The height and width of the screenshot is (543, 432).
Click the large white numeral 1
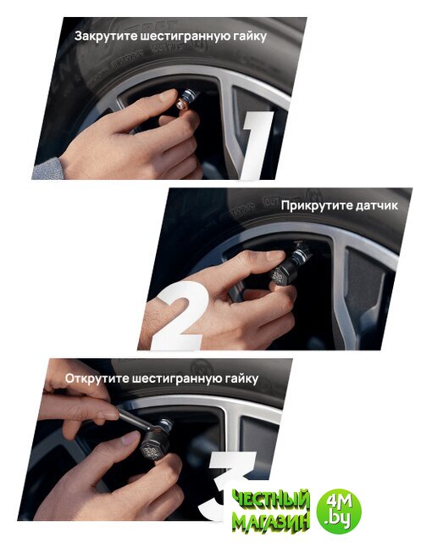pyautogui.click(x=257, y=145)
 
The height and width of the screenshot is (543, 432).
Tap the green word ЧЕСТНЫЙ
pyautogui.click(x=270, y=500)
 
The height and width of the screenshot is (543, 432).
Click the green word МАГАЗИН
pyautogui.click(x=270, y=523)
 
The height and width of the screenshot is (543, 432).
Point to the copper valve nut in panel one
pyautogui.click(x=182, y=104)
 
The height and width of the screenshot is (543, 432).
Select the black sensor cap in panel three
pyautogui.click(x=152, y=450)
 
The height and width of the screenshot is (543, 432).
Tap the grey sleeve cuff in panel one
pyautogui.click(x=48, y=169)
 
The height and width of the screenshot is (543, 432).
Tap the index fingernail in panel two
pyautogui.click(x=275, y=256)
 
